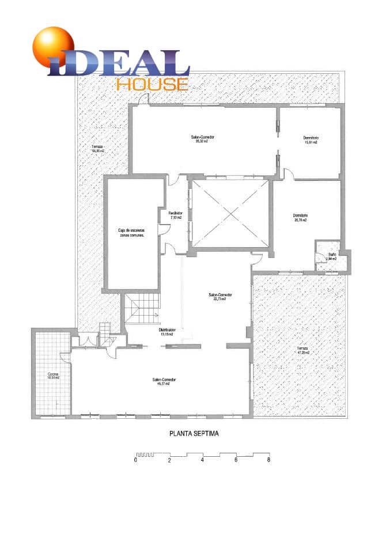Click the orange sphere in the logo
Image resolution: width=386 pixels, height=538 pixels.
pyautogui.click(x=53, y=46)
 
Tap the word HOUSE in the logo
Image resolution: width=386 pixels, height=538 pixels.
pyautogui.click(x=152, y=84)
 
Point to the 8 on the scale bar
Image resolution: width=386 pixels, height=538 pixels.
pyautogui.click(x=268, y=460)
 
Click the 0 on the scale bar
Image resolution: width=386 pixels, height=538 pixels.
pyautogui.click(x=136, y=460)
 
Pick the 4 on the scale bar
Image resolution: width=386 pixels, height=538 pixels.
pyautogui.click(x=202, y=460)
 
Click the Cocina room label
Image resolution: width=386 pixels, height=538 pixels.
pyautogui.click(x=53, y=376)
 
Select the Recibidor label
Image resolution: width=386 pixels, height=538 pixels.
pyautogui.click(x=175, y=215)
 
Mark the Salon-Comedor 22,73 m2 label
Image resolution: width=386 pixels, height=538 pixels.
pyautogui.click(x=217, y=297)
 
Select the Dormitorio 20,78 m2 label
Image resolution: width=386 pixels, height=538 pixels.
pyautogui.click(x=300, y=218)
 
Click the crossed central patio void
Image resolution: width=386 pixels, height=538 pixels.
pyautogui.click(x=230, y=214)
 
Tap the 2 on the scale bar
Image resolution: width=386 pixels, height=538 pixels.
pyautogui.click(x=169, y=460)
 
